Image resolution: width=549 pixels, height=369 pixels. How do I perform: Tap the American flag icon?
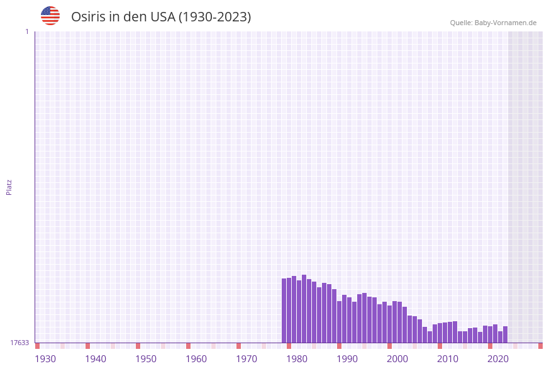click(x=50, y=16)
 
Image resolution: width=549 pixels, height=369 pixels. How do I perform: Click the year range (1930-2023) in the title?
click(x=214, y=17)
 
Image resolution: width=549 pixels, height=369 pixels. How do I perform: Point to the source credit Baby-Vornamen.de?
click(x=493, y=23)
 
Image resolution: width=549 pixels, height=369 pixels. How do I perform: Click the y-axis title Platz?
click(x=9, y=187)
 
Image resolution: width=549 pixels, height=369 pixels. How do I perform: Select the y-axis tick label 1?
click(x=26, y=31)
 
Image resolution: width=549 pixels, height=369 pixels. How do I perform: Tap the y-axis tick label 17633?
click(x=19, y=343)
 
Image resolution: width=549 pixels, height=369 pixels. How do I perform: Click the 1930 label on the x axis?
click(x=45, y=359)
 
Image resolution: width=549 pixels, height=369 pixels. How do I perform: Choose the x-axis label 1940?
click(x=96, y=359)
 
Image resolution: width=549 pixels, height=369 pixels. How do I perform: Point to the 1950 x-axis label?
click(x=146, y=359)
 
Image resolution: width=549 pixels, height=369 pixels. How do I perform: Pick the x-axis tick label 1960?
click(x=196, y=359)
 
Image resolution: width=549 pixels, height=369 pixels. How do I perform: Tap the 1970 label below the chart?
click(x=247, y=359)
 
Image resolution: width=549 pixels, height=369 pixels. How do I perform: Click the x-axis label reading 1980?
click(x=297, y=359)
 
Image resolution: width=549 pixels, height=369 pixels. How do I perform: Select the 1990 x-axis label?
click(x=347, y=359)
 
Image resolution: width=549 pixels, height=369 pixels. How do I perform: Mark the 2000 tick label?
click(x=397, y=359)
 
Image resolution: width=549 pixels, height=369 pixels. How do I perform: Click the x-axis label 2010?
click(x=448, y=359)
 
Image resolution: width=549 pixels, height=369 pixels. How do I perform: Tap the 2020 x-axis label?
click(x=498, y=359)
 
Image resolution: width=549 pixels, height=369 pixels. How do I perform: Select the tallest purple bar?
click(x=304, y=308)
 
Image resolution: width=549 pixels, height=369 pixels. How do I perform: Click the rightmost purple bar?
click(x=505, y=334)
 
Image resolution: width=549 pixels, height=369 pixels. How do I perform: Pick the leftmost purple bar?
click(x=284, y=311)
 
